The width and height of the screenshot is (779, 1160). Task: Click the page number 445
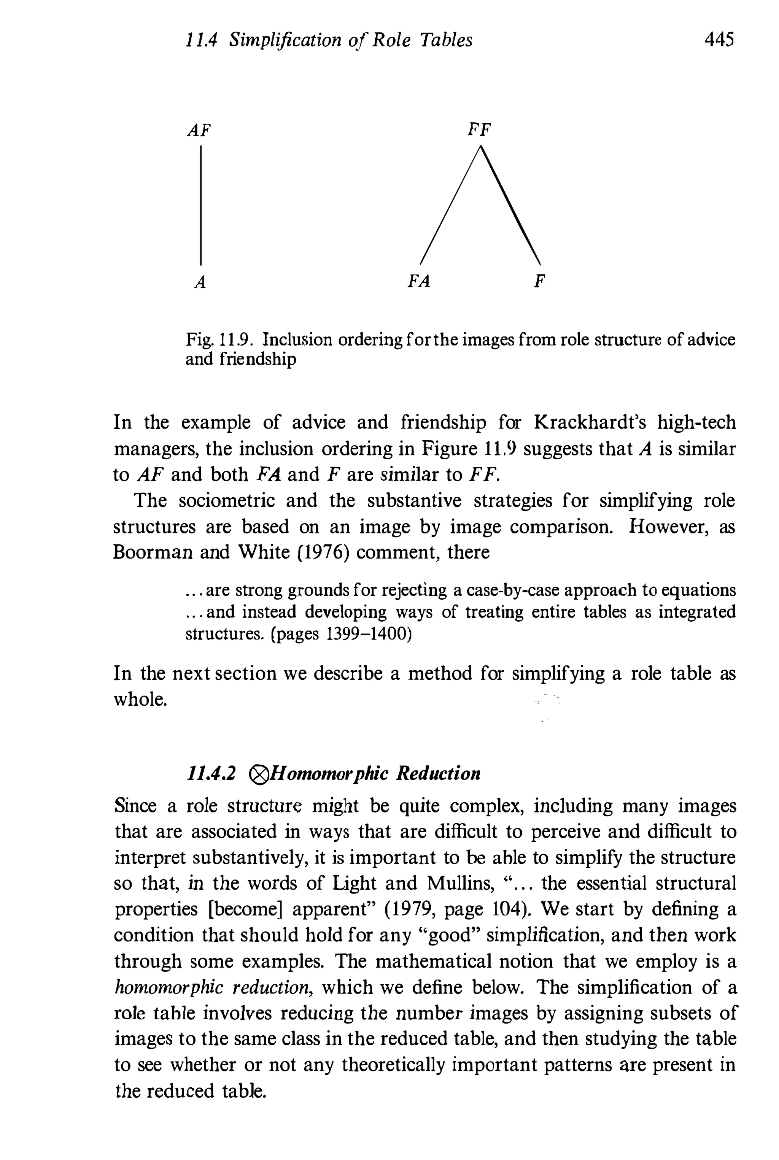tap(719, 39)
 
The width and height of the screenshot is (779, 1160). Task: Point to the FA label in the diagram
tap(418, 282)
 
